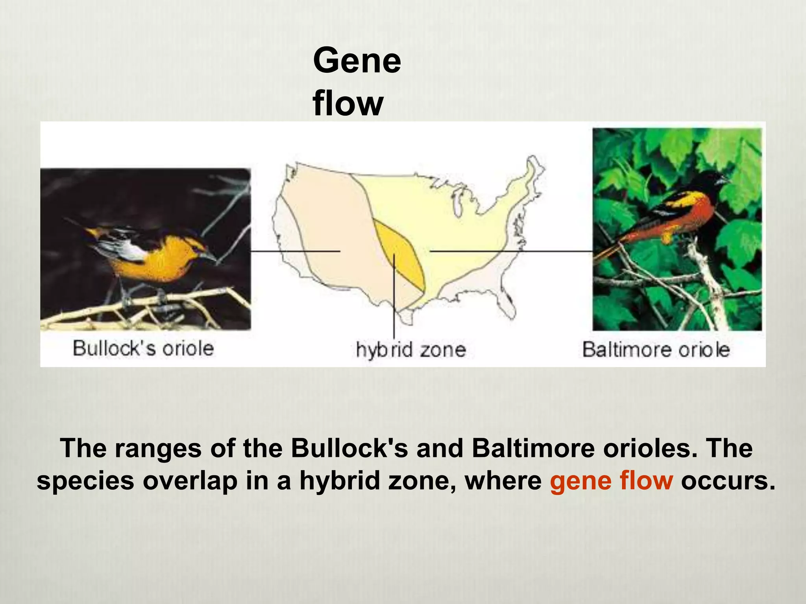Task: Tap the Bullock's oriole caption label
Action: tap(143, 348)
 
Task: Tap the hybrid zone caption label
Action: tap(411, 350)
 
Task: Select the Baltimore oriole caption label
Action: tap(656, 350)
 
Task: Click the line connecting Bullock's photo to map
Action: tap(295, 251)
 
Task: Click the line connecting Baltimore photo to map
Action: tap(512, 251)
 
